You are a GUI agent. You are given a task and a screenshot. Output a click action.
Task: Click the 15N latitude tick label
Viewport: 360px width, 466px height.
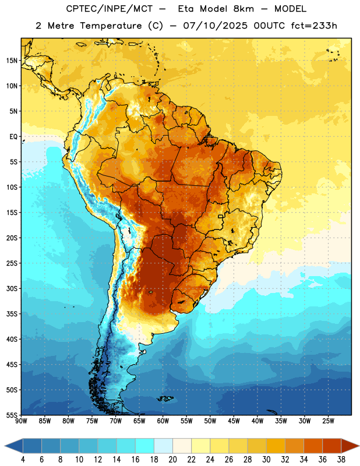[12, 61]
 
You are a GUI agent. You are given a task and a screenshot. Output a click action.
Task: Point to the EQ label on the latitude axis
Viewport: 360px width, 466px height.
[13, 137]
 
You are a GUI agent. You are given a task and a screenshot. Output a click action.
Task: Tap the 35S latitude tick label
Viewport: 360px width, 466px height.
[12, 314]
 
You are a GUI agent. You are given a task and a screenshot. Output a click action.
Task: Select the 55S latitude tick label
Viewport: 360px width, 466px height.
[12, 415]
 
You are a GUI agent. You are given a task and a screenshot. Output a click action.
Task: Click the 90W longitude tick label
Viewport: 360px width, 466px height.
[21, 421]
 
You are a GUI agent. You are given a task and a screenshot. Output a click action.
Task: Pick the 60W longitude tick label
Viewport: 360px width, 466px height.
[163, 421]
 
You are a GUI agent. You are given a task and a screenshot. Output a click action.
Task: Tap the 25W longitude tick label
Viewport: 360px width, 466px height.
[328, 421]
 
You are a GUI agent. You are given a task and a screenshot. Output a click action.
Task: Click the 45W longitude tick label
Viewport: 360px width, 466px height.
[234, 421]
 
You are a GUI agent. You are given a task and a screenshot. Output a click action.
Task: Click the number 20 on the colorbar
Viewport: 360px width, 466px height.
[172, 460]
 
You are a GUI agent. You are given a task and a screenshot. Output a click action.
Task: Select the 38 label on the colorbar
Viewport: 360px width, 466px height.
[341, 460]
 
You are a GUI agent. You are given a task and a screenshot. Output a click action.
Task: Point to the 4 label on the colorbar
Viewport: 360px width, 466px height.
[23, 460]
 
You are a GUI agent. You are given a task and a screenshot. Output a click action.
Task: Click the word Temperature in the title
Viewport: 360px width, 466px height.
[111, 26]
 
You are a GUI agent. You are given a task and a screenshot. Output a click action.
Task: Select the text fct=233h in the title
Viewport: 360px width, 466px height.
[314, 26]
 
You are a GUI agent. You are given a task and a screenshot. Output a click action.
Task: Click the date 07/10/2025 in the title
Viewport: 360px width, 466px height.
[215, 26]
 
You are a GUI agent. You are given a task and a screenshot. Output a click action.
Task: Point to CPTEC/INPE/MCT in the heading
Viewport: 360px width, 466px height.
[110, 9]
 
